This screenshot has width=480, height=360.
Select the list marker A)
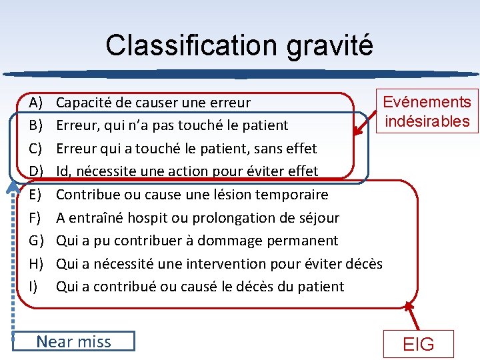click(x=35, y=103)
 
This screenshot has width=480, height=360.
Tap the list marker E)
click(x=35, y=195)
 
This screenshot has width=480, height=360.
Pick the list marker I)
click(x=34, y=287)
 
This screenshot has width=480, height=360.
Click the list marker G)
click(x=36, y=241)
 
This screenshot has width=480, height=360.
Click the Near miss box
click(x=73, y=342)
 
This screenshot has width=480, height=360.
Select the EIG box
click(x=419, y=344)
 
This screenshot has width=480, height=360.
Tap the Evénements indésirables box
click(x=427, y=111)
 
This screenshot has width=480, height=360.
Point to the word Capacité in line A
click(x=84, y=103)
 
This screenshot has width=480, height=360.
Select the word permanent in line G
click(x=305, y=241)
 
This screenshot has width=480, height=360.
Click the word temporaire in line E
click(x=293, y=195)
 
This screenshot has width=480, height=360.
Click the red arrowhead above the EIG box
click(x=408, y=306)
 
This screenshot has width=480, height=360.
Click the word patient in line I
click(x=322, y=287)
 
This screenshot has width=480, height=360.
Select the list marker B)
click(x=35, y=125)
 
